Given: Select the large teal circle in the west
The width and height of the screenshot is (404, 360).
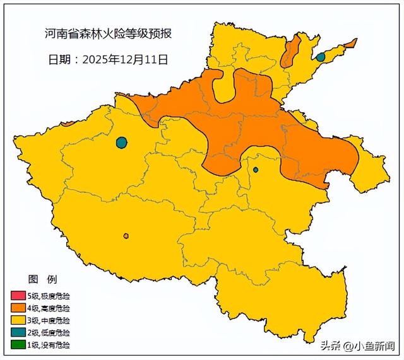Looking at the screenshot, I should pos(121,142).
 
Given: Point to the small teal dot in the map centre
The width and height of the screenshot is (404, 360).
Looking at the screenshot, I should pos(256,170).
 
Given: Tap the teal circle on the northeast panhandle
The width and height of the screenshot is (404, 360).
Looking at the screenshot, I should pos(320,57).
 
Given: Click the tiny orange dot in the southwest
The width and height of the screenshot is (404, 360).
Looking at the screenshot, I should pos(126,236).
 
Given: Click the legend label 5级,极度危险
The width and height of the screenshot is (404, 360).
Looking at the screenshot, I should pos(50,296).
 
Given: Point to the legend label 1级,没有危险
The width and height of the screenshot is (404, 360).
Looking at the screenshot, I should pos(50,345).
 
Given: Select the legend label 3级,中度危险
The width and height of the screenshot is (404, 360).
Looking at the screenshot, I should pos(50,320).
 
